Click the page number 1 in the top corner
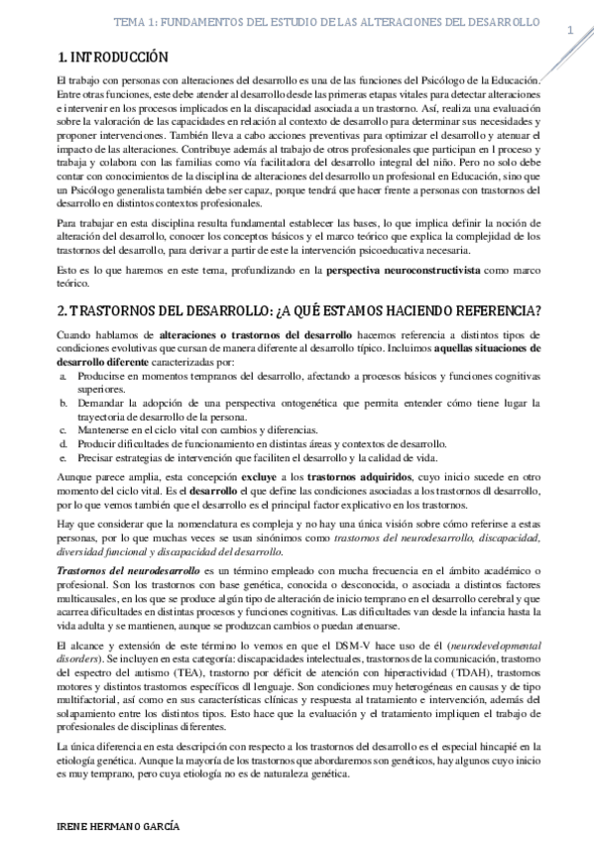(570, 32)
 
